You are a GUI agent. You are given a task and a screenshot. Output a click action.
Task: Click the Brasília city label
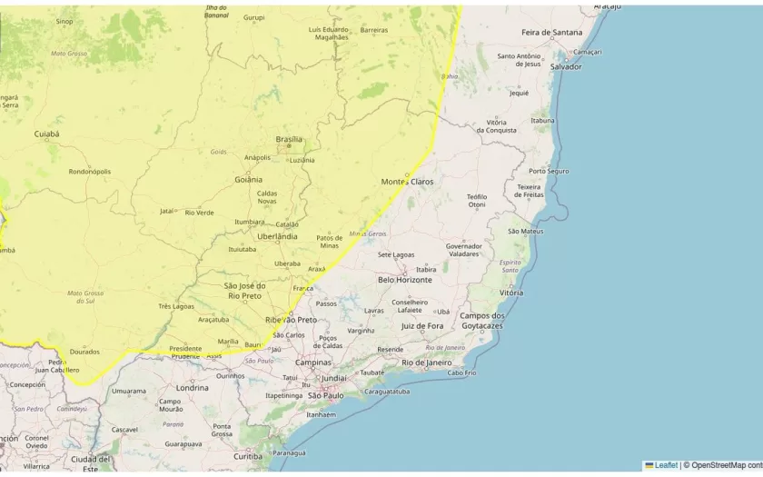289,139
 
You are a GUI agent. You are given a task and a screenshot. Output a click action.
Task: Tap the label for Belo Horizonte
405,280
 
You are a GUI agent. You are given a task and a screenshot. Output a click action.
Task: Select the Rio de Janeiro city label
426,363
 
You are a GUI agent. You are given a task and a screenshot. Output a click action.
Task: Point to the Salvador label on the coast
566,66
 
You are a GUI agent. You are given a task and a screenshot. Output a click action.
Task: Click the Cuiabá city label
46,134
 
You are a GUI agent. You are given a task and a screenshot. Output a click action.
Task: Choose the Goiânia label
248,180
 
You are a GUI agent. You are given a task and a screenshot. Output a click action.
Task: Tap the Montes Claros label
407,182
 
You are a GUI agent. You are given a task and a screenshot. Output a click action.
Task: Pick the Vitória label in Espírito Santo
511,293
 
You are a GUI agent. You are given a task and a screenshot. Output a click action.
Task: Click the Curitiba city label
248,456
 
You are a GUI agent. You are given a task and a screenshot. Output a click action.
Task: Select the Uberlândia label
277,236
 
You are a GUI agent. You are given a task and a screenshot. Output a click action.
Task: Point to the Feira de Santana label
551,33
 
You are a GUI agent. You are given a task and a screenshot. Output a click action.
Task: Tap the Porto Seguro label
549,171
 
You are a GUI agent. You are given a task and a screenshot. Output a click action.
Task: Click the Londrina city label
192,388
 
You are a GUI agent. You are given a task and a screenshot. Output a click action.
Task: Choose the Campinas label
312,363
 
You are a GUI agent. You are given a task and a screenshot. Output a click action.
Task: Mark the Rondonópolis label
90,171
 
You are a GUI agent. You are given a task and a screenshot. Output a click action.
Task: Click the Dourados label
84,352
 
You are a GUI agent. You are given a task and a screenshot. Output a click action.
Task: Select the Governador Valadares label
463,250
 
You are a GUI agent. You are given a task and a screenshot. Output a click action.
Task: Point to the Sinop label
64,21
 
